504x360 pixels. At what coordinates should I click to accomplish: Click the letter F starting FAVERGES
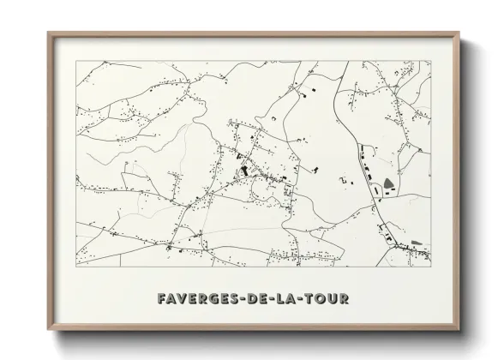coord(162,298)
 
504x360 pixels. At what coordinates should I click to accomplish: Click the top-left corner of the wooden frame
coord(49,33)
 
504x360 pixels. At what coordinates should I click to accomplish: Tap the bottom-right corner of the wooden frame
coord(459,330)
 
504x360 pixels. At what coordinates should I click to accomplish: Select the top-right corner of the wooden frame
coord(459,33)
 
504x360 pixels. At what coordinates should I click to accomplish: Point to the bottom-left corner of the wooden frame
coord(49,330)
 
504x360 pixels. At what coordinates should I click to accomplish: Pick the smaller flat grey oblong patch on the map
coord(417,243)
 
